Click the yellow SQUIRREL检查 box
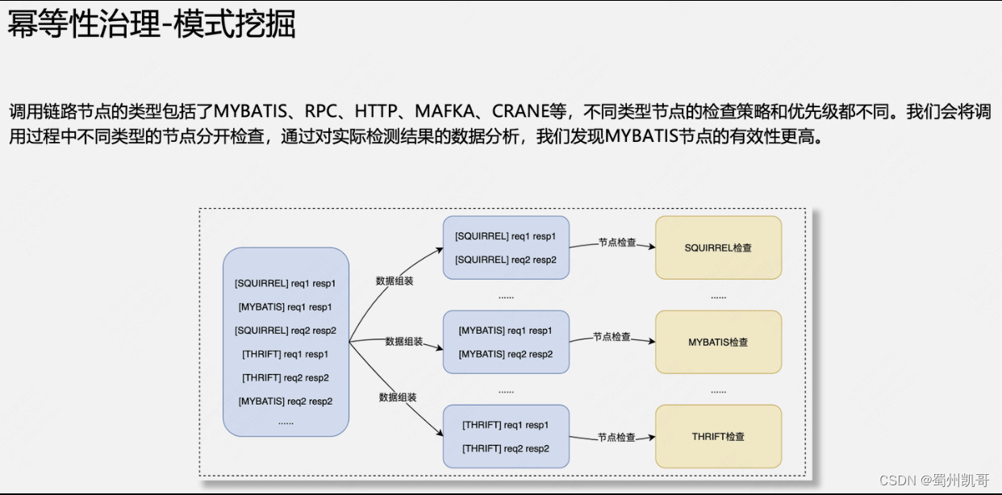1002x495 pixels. point(718,247)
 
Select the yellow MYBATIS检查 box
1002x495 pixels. point(718,342)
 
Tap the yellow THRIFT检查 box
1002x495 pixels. point(718,436)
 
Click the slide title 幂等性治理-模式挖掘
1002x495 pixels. point(152,25)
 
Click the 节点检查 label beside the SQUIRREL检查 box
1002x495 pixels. point(616,242)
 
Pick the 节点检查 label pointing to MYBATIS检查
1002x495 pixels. point(612,336)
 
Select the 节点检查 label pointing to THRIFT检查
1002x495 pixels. point(616,437)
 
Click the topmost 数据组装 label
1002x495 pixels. point(395,281)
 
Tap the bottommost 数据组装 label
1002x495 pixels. point(398,397)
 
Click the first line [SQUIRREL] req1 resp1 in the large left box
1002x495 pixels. point(285,283)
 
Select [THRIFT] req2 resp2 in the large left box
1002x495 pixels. point(285,377)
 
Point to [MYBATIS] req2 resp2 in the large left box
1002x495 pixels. point(285,401)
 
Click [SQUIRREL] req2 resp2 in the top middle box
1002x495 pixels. point(505,260)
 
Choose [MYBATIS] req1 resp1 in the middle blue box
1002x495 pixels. point(505,331)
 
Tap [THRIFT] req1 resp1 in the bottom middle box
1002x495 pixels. point(505,425)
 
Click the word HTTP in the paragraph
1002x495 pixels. point(375,111)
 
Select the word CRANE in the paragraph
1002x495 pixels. point(520,111)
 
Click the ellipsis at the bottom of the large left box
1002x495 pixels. point(285,422)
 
